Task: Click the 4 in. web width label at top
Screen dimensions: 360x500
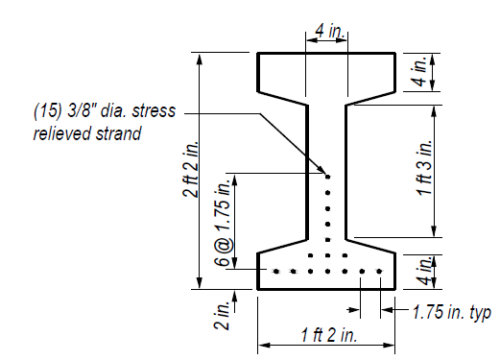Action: (326, 32)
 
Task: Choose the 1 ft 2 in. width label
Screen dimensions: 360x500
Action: (326, 335)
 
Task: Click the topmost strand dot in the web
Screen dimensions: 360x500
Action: (327, 176)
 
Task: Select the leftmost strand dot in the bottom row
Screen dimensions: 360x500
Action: (276, 272)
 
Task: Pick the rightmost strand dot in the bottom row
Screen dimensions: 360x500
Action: (379, 272)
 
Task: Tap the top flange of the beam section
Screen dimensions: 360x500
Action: (326, 72)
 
